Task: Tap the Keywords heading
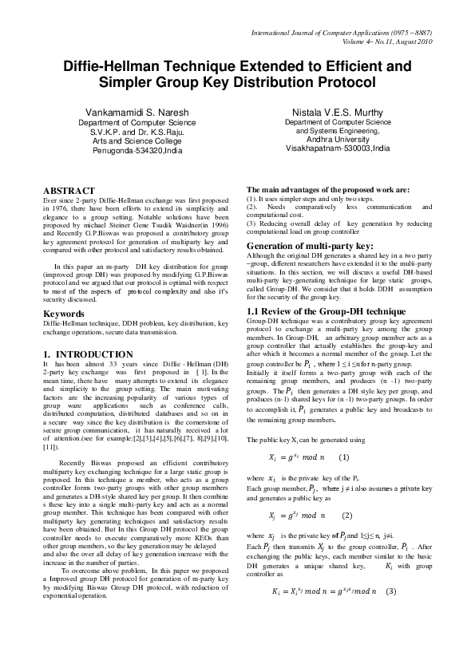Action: pos(65,315)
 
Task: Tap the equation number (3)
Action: pos(390,614)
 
